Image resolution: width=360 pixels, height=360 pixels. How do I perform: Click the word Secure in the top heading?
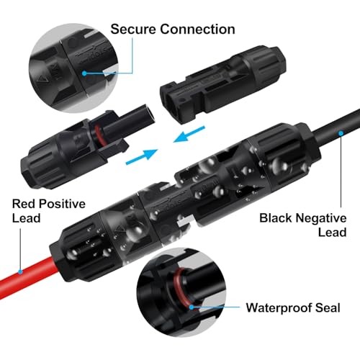pyautogui.click(x=133, y=30)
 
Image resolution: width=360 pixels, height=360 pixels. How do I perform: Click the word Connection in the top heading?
pyautogui.click(x=197, y=30)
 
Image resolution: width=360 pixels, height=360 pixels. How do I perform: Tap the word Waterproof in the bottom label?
pyautogui.click(x=279, y=308)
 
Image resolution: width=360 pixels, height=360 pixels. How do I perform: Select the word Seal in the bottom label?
pyautogui.click(x=328, y=307)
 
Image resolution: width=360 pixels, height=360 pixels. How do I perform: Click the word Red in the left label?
pyautogui.click(x=24, y=204)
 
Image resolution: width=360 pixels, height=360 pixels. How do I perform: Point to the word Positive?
pyautogui.click(x=62, y=204)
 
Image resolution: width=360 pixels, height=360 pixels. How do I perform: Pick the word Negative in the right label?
pyautogui.click(x=321, y=218)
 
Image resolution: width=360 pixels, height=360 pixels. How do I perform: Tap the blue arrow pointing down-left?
pyautogui.click(x=189, y=134)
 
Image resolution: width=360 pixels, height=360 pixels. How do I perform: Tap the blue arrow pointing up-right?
pyautogui.click(x=142, y=156)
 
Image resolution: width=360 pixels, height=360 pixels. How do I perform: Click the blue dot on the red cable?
pyautogui.click(x=20, y=272)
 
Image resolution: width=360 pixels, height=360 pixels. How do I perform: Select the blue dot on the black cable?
pyautogui.click(x=341, y=133)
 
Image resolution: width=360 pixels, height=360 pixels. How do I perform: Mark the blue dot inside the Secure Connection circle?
pyautogui.click(x=84, y=73)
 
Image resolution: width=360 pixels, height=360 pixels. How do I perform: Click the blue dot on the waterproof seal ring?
pyautogui.click(x=192, y=307)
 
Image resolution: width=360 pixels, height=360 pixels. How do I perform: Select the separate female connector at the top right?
pyautogui.click(x=223, y=85)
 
